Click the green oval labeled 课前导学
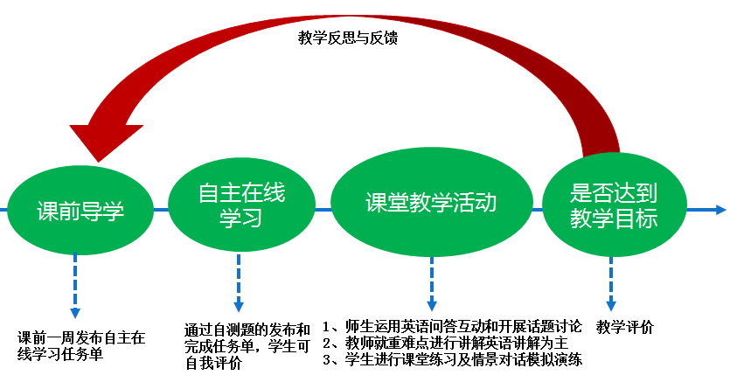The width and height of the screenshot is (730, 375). [x=80, y=210]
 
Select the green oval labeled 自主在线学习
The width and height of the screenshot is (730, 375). [x=241, y=205]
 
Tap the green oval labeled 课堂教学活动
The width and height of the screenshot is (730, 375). [x=431, y=205]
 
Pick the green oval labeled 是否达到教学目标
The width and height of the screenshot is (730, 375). [x=614, y=205]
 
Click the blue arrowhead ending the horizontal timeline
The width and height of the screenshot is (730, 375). [x=719, y=210]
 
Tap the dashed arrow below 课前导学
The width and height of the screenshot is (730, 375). [x=75, y=284]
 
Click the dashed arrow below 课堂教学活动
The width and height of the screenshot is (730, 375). [x=431, y=283]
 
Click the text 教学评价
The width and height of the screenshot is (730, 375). [x=625, y=328]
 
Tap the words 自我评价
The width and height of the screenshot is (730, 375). [x=213, y=363]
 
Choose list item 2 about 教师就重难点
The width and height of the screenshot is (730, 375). [x=445, y=343]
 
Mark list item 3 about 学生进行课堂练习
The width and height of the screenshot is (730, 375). [x=452, y=359]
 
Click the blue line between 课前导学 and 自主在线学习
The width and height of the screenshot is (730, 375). [x=161, y=210]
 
